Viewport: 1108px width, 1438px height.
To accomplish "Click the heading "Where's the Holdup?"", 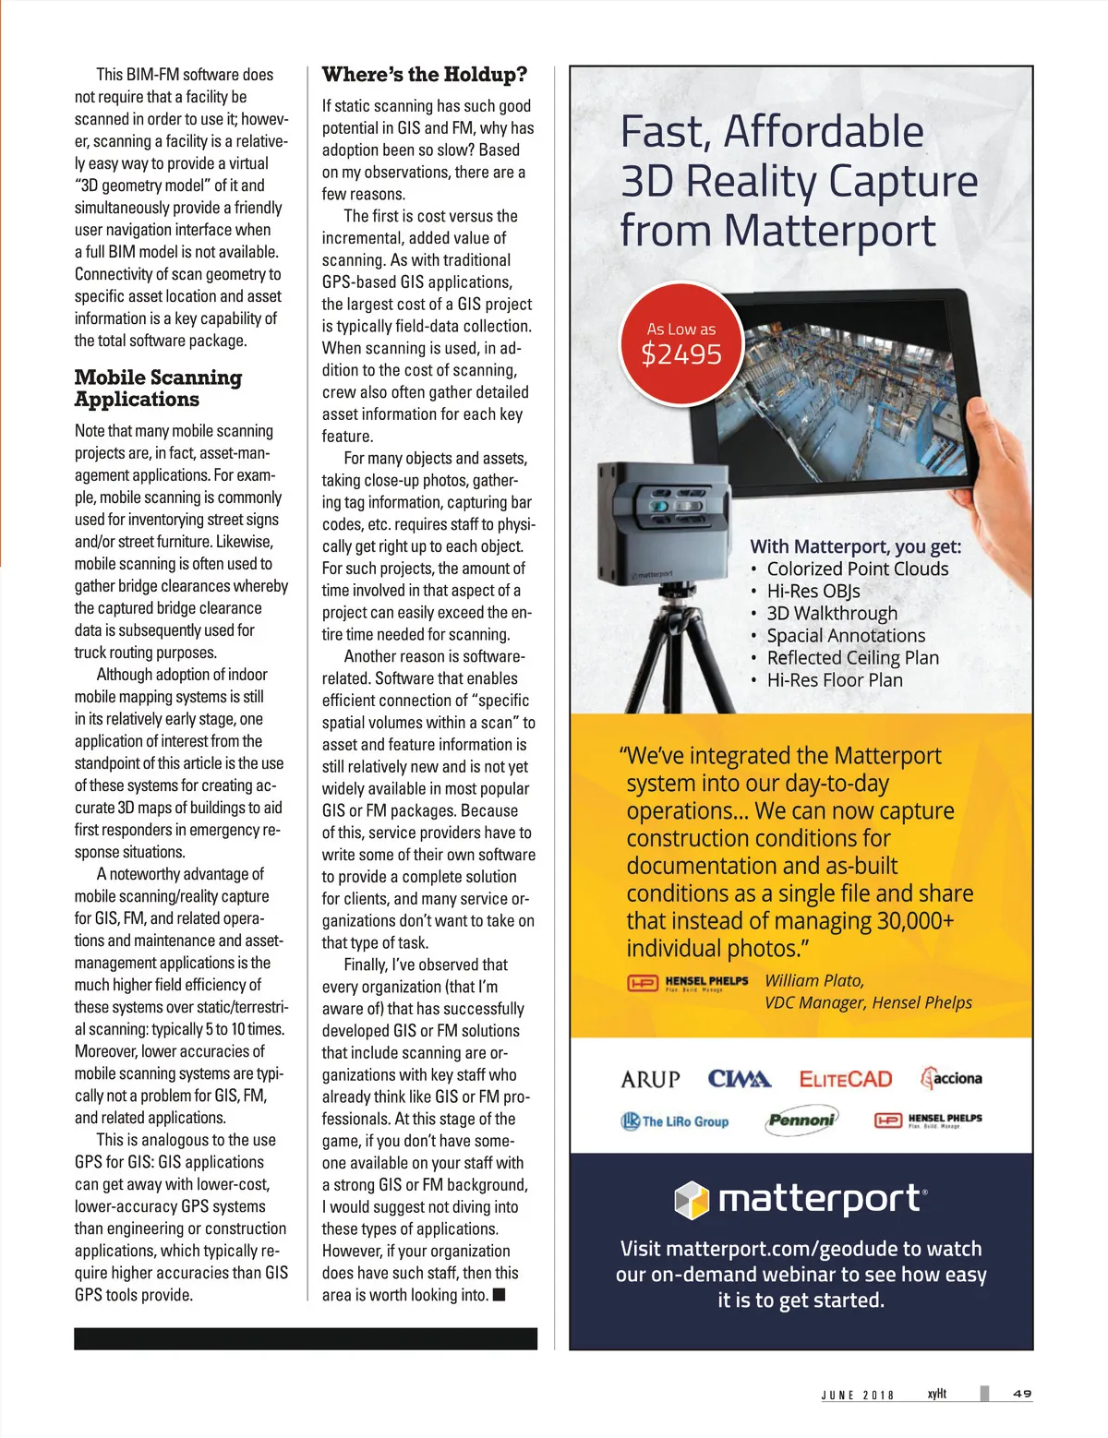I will (x=425, y=75).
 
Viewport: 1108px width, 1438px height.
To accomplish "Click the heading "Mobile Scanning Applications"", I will (x=158, y=389).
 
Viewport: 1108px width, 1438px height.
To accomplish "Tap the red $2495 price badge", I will (x=681, y=345).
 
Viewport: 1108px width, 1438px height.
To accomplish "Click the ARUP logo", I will (x=650, y=1079).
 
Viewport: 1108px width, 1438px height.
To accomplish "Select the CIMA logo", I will (x=739, y=1079).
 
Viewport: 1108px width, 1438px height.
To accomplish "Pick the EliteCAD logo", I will (x=846, y=1079).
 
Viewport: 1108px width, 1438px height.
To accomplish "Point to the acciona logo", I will (x=951, y=1078).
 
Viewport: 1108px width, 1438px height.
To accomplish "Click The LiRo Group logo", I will (x=675, y=1121).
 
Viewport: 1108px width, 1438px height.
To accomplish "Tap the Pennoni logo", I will (x=801, y=1120).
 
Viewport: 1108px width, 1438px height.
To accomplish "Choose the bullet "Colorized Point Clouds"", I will (x=857, y=569).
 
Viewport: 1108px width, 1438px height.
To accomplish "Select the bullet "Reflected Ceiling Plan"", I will (x=852, y=658).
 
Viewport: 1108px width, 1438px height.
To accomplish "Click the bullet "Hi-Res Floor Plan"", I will (x=835, y=680).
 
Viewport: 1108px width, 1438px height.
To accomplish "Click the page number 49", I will (x=1021, y=1394).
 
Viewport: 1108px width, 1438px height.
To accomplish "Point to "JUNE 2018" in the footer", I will (x=858, y=1395).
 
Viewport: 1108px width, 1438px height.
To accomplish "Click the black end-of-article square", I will (x=499, y=1295).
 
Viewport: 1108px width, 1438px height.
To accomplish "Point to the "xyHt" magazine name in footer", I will (x=937, y=1394).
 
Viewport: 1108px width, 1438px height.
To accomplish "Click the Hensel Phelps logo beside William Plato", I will (x=688, y=983).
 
